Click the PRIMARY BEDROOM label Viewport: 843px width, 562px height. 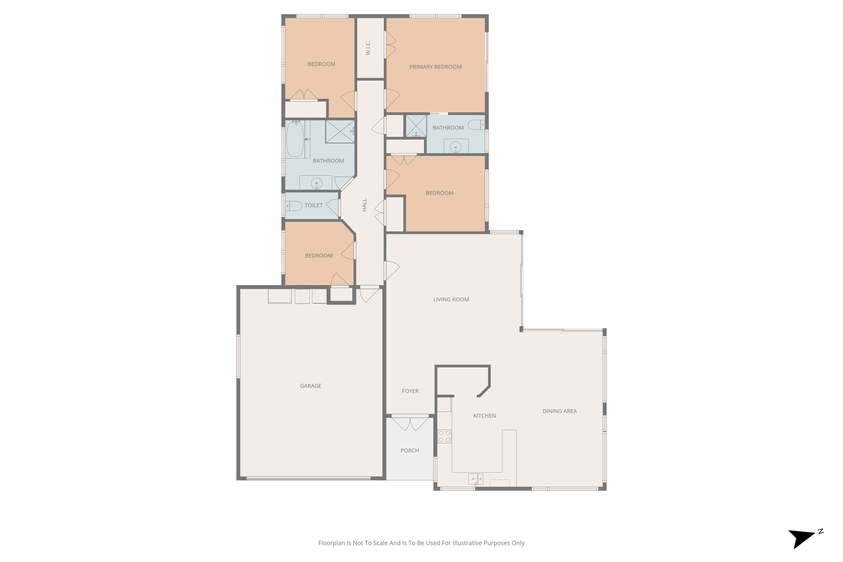point(435,67)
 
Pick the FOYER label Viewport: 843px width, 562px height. point(410,391)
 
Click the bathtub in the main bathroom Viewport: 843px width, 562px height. point(295,139)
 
